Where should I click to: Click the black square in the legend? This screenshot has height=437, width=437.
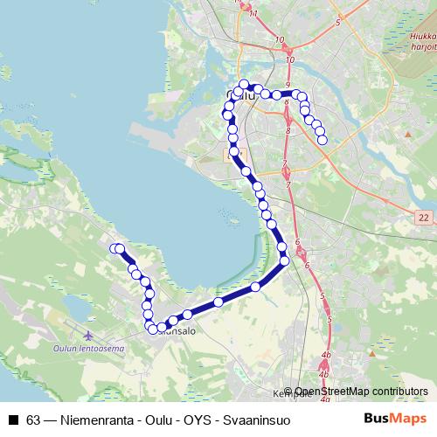pos(14,420)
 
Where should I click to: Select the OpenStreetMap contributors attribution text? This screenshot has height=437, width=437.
pos(362,392)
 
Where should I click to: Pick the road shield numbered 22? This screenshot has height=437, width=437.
pos(424,216)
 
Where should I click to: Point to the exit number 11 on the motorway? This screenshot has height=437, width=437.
pos(253,14)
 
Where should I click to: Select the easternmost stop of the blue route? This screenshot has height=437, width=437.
pos(323,140)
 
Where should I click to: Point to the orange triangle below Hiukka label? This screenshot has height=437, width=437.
pos(408,133)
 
